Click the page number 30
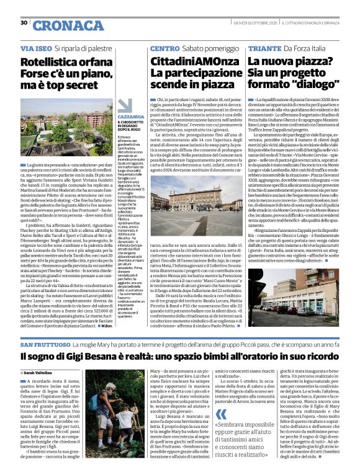point(24,23)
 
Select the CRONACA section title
point(60,25)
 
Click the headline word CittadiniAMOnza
point(187,62)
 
